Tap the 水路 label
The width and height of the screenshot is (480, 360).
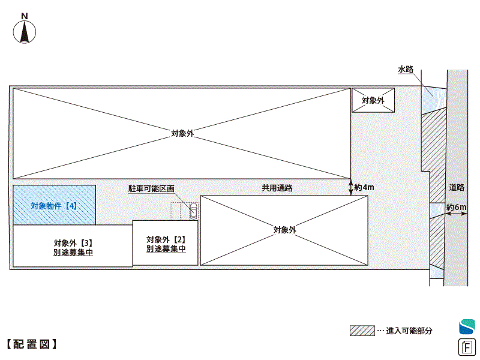pos(406,70)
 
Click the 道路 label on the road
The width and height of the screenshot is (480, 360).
pos(457,187)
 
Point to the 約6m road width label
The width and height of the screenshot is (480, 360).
pos(457,208)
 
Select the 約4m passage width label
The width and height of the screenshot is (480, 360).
pos(364,187)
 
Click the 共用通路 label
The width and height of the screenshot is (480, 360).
pos(277,188)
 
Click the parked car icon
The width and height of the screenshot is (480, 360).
pos(193,211)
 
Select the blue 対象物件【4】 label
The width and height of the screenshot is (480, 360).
pos(54,206)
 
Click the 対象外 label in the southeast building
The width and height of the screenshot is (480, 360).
pos(284,230)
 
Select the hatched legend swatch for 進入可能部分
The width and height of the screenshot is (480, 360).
pos(362,331)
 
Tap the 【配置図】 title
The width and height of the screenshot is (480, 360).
pos(31,344)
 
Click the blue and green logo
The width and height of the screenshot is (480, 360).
pos(467,326)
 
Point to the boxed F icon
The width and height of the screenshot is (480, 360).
pos(467,347)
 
